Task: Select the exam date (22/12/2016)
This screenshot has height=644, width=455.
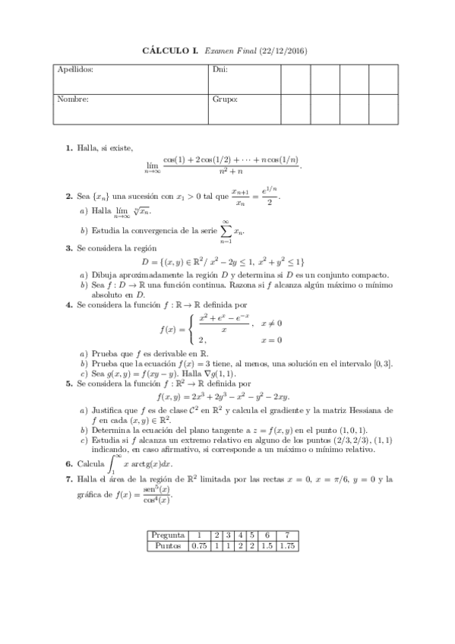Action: coord(285,51)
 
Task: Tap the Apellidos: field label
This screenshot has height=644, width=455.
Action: coord(75,69)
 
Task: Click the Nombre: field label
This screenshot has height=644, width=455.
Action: coord(73,99)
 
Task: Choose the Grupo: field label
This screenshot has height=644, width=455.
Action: coord(226,99)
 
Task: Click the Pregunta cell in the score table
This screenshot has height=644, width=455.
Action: coord(168,535)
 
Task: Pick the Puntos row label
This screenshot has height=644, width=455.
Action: coord(168,546)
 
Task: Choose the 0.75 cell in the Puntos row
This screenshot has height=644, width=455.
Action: coord(199,546)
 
